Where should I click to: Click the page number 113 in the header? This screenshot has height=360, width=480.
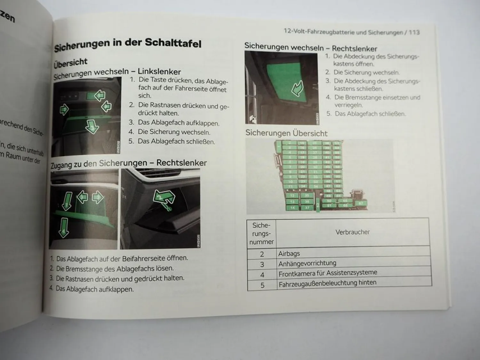pos(414,32)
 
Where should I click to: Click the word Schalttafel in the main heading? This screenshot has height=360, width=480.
pos(173,43)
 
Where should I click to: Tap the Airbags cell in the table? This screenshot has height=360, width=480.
pos(289,253)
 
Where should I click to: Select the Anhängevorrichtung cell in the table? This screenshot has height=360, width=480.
pos(307,263)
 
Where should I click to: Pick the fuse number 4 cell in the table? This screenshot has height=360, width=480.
pos(262,275)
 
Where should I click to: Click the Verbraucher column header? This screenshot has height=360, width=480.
pos(352,232)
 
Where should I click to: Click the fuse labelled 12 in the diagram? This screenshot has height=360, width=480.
pos(292,196)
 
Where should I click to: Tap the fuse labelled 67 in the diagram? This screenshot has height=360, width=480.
pos(361,203)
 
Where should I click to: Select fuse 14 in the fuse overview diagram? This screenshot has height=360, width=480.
pos(292,208)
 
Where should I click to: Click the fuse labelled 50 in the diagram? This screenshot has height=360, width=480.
pos(329,201)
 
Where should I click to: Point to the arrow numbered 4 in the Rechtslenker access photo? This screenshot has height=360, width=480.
pos(64,228)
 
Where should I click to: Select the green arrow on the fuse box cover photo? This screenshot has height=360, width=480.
pos(297,88)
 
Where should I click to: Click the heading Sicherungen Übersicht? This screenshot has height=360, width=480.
pos(286,133)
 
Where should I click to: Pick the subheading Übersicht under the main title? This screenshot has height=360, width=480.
pos(70,62)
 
